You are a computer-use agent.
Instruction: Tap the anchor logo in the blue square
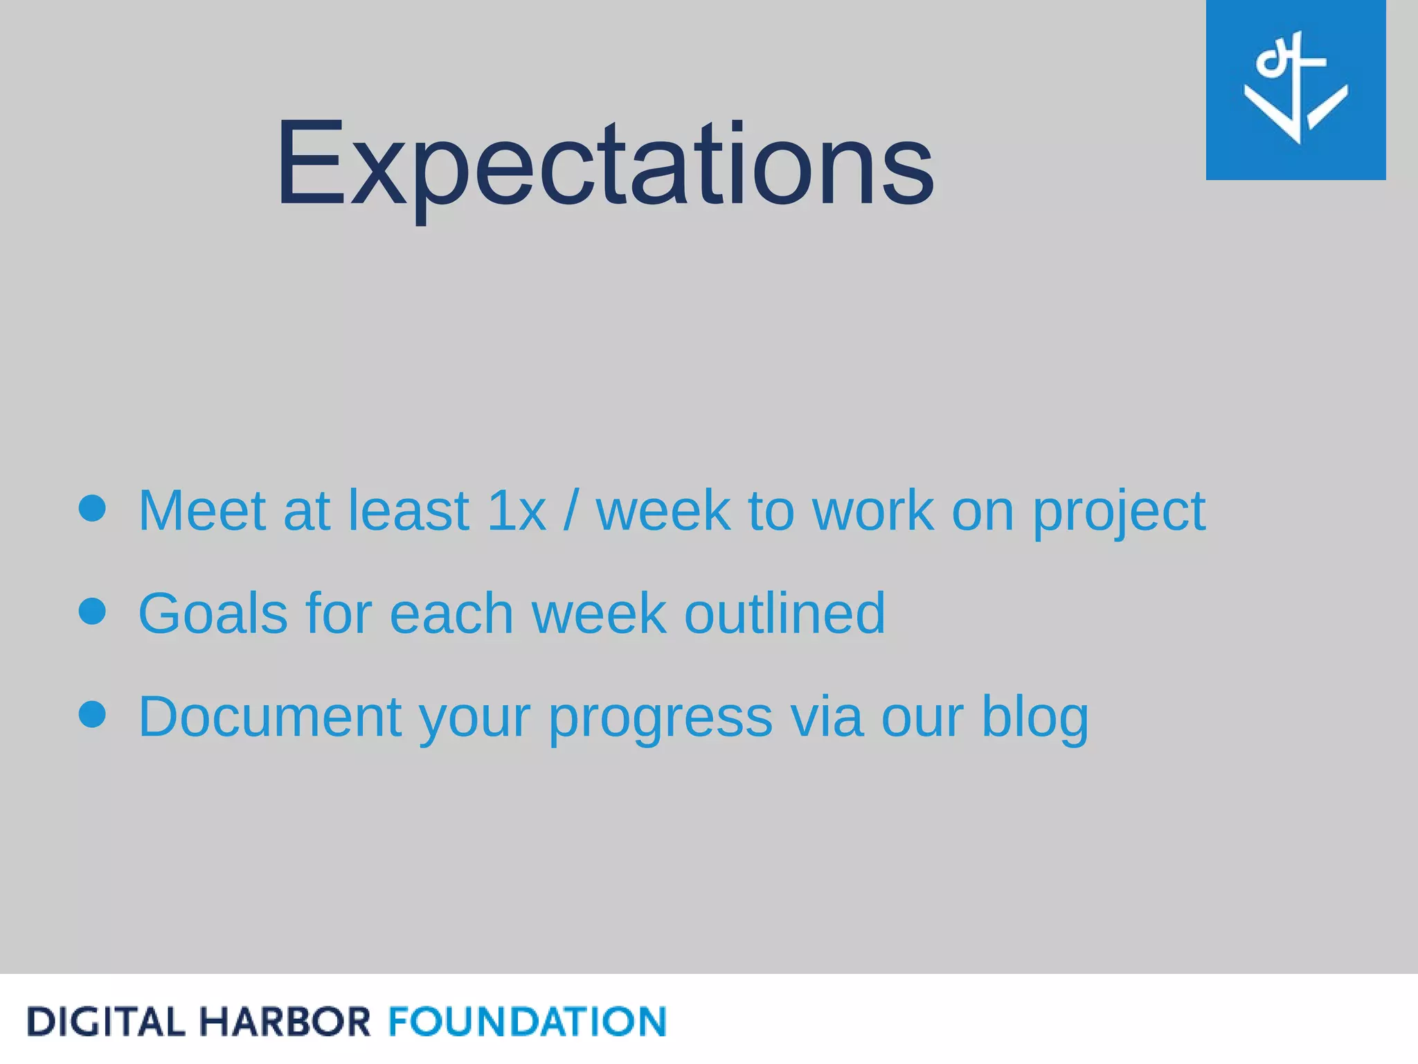pos(1295,89)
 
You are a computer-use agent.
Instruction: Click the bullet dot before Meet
pos(92,508)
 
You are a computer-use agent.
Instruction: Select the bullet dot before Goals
pos(92,611)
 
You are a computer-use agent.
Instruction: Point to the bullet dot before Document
pos(92,714)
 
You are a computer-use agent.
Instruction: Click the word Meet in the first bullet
pos(202,511)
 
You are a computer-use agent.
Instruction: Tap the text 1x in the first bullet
pos(517,511)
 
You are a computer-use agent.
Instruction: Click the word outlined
pos(784,614)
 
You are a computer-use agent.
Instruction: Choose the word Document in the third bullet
pos(270,717)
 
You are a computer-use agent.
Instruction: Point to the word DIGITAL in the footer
pos(106,1022)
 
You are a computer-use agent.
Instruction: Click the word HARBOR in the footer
pos(285,1022)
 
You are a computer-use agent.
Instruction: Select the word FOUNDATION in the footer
pos(527,1022)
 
